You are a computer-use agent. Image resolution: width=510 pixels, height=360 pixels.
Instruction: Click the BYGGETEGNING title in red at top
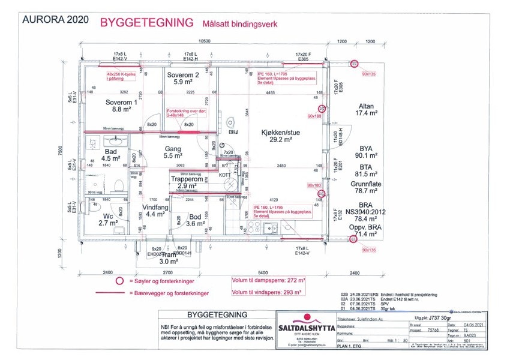(x=146, y=22)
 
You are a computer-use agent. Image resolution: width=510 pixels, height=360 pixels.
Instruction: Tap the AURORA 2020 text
(x=55, y=19)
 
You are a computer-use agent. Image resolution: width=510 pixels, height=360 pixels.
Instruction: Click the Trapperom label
(x=187, y=179)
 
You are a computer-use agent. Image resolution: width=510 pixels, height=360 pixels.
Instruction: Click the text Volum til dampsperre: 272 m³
(x=266, y=280)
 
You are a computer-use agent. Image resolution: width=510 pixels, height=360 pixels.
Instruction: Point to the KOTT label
(x=224, y=175)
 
